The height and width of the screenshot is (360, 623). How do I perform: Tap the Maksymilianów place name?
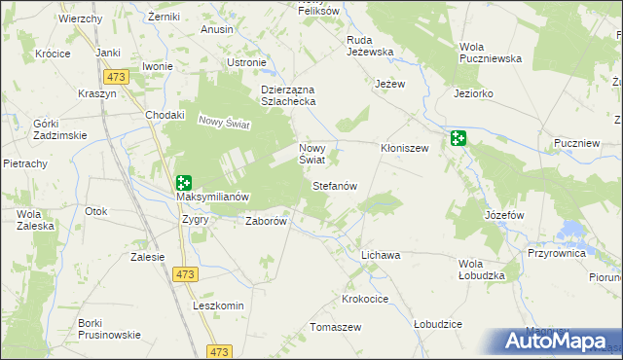(x=212, y=197)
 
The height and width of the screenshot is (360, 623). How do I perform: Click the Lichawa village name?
(x=381, y=255)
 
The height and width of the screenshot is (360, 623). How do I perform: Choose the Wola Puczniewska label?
(x=490, y=53)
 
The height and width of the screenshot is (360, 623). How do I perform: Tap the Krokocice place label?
(x=366, y=298)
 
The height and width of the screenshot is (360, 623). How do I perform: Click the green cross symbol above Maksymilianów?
(x=184, y=181)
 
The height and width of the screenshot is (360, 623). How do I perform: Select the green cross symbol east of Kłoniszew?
(x=458, y=138)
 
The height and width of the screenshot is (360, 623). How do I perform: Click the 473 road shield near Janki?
(x=118, y=75)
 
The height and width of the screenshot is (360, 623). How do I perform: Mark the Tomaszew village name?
(x=335, y=327)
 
